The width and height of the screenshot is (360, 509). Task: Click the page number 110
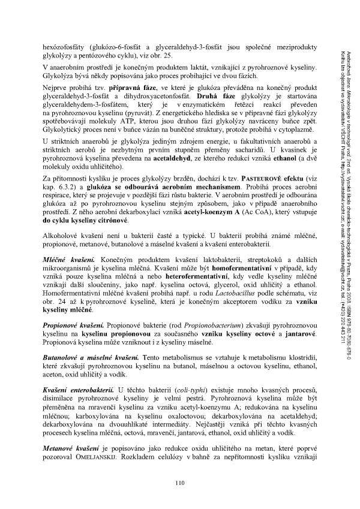pos(179,484)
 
